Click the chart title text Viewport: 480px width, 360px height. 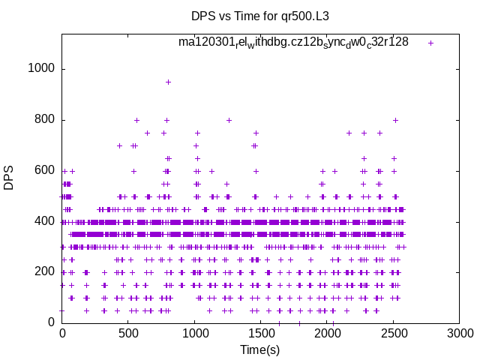(x=259, y=16)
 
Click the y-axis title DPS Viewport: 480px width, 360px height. (x=9, y=177)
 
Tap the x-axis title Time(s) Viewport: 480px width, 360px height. (x=259, y=349)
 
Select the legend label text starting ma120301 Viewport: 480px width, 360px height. (x=293, y=42)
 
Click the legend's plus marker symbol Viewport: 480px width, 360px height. (x=430, y=43)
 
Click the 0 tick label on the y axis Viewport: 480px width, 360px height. (x=52, y=322)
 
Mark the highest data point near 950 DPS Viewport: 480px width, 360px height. (x=168, y=82)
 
